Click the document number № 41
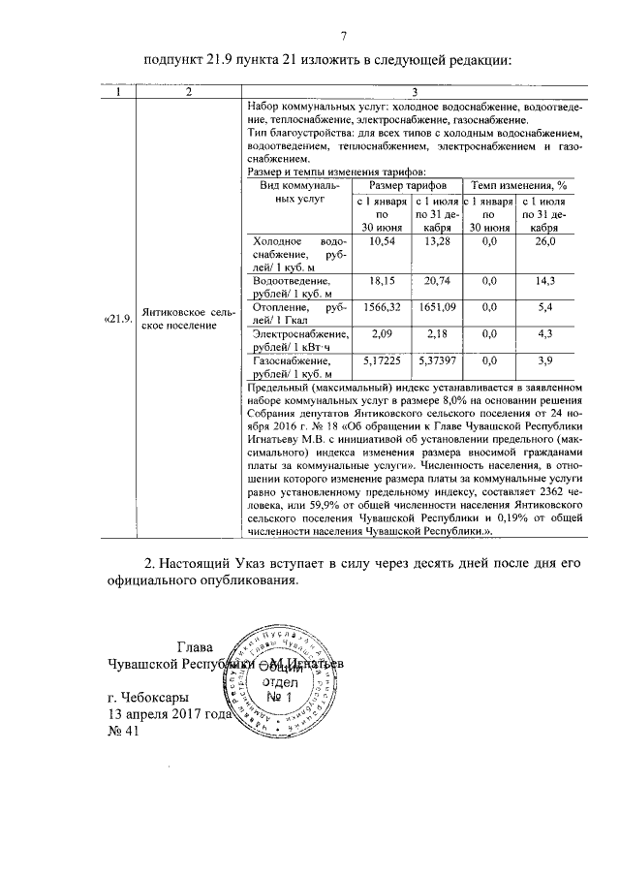[125, 732]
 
